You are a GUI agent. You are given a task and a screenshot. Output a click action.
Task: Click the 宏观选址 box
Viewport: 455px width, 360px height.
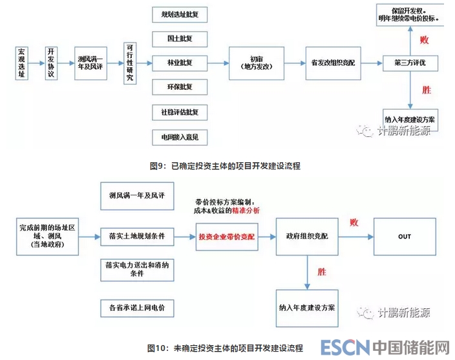coord(23,63)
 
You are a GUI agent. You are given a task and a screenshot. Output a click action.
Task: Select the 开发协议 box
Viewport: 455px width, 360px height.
coord(51,63)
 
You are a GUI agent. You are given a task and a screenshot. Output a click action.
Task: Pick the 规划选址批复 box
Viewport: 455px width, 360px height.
coord(179,14)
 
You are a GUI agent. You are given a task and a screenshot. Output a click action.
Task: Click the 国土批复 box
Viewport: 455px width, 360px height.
coord(179,39)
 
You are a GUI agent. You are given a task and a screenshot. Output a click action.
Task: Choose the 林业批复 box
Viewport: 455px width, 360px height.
coord(179,63)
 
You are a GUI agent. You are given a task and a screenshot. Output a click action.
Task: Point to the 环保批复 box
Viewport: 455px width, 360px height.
coord(179,87)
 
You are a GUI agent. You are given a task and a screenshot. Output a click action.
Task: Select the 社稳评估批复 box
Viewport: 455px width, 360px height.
coord(179,112)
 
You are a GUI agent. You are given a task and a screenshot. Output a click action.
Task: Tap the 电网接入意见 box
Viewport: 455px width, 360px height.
coord(179,136)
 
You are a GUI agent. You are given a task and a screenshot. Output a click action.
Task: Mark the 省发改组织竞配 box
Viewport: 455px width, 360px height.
coord(333,63)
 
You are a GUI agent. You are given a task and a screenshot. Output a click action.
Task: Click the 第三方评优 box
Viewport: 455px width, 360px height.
coord(410,63)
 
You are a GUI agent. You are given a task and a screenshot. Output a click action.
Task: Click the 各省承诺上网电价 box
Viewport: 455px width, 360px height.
coord(138,308)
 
